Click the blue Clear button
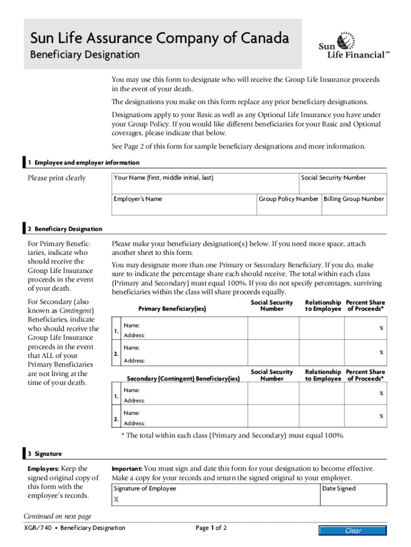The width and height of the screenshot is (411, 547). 353,530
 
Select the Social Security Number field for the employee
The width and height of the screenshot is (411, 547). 343,182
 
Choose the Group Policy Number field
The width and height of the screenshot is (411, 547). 288,202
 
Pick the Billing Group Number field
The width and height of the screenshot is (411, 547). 353,202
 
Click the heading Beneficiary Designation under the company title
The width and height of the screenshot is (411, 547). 85,54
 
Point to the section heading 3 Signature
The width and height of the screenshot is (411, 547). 45,454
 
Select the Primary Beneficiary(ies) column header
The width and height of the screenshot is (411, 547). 172,309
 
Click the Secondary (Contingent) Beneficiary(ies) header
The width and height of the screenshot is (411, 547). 183,379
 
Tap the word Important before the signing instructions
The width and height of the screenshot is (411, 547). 127,468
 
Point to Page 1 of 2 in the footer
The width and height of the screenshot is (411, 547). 211,528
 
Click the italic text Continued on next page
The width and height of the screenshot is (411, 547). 58,516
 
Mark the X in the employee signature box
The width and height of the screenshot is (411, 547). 116,500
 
